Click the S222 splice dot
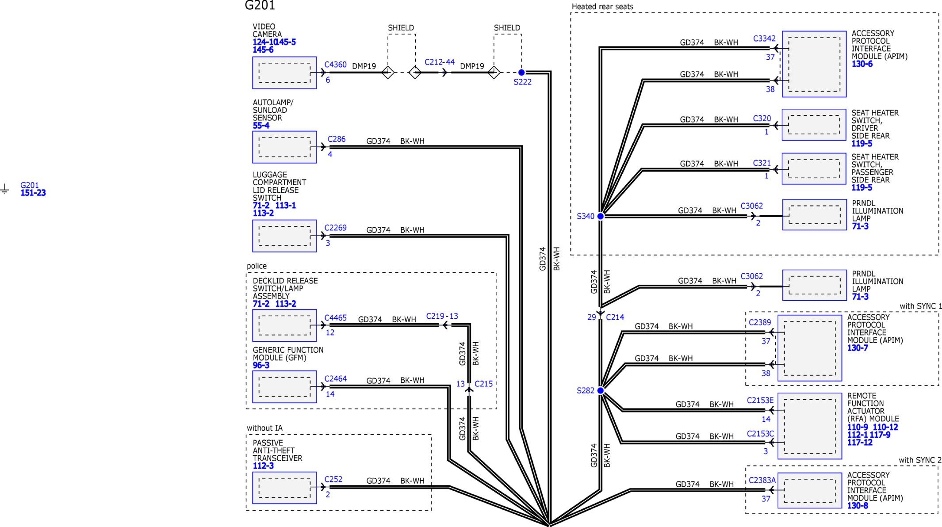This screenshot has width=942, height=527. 521,72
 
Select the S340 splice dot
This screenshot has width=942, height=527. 601,216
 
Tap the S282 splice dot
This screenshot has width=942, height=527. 601,390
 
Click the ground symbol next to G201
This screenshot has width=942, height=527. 4,190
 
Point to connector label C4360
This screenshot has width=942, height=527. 335,65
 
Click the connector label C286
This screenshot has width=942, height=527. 337,139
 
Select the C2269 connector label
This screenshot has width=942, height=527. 335,228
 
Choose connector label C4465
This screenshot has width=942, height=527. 335,318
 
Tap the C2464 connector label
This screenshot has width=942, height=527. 335,379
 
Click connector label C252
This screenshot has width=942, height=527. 333,479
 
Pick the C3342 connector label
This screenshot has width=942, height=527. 764,38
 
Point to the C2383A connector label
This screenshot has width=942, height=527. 762,480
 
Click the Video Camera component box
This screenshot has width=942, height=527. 284,73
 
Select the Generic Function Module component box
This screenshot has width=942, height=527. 284,387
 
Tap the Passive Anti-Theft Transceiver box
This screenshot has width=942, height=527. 284,488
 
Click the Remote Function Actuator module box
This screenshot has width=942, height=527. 810,426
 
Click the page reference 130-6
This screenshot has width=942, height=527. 862,64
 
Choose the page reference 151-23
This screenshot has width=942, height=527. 33,193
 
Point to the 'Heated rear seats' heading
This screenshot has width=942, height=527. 602,7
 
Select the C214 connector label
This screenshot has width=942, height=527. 615,317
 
